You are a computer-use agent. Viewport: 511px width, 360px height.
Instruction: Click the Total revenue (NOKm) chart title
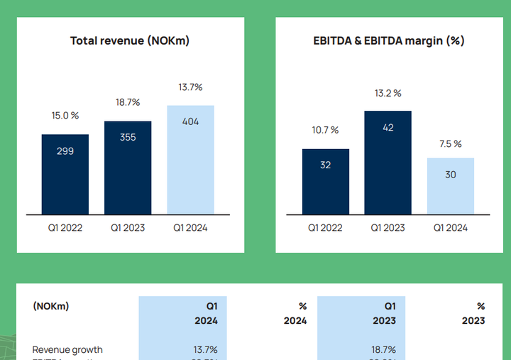click(129, 40)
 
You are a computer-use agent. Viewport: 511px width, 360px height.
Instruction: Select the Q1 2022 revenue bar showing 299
click(65, 174)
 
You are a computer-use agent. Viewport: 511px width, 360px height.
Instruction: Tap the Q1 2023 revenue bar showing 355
click(128, 168)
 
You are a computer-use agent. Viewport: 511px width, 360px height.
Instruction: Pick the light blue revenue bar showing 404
click(190, 160)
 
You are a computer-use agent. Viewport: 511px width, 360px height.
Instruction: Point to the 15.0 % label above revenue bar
click(65, 116)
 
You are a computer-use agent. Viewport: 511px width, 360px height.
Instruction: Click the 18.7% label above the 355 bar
click(128, 102)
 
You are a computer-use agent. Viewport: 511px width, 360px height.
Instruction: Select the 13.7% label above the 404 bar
click(190, 87)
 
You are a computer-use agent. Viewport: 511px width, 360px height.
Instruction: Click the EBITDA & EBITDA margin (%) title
click(389, 40)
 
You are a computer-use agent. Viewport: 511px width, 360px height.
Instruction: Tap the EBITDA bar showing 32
click(325, 182)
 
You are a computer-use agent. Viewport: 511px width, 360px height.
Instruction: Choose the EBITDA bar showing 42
click(388, 163)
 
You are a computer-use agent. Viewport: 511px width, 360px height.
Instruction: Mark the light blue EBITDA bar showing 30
click(451, 186)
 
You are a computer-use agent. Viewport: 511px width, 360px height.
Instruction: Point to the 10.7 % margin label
click(325, 130)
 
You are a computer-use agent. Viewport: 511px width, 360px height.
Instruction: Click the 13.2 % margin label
click(388, 93)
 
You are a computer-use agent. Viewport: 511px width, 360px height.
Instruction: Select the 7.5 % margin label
click(451, 143)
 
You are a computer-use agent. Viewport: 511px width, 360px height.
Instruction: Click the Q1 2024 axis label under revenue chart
click(190, 228)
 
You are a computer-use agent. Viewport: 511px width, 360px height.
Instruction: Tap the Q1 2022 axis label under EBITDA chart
click(325, 228)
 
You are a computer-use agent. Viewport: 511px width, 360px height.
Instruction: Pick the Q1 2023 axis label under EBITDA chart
click(388, 228)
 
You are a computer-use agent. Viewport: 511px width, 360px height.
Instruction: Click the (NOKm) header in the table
click(51, 306)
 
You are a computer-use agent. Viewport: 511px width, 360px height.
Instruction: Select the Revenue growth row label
click(67, 349)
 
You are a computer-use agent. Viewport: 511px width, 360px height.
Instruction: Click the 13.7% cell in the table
click(204, 349)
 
